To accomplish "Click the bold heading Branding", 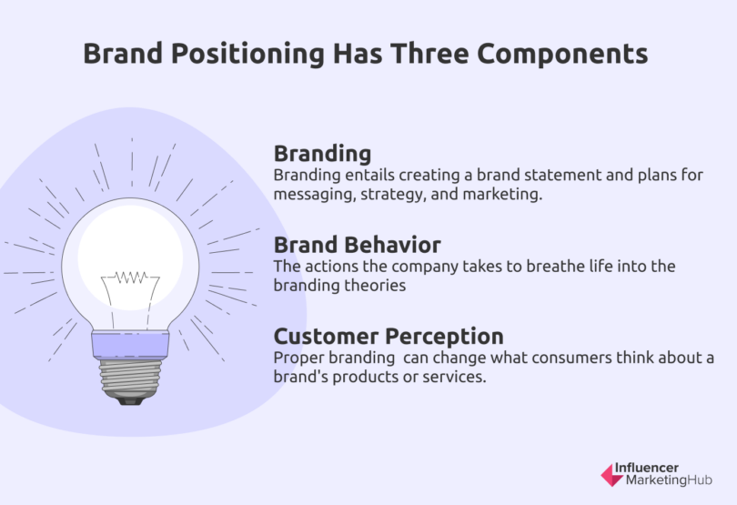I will [322, 152].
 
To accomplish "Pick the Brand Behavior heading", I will [357, 245].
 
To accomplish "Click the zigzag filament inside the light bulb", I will [130, 277].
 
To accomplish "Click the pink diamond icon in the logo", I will [610, 473].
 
